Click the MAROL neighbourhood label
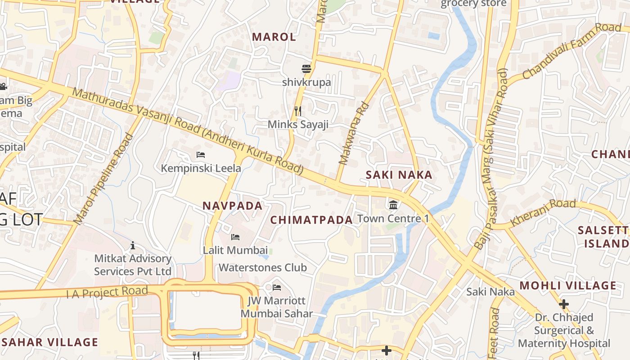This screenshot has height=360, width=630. [x=274, y=37]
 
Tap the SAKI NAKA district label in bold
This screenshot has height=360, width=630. [x=399, y=175]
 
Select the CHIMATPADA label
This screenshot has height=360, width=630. [x=311, y=220]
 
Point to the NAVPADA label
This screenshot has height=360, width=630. [x=232, y=206]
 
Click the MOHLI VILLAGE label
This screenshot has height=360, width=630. [x=568, y=285]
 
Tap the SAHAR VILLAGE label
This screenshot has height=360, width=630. [x=49, y=342]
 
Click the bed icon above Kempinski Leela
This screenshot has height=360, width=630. [x=201, y=155]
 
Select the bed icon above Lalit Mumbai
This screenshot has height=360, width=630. [x=235, y=237]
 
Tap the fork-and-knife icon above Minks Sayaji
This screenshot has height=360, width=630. [x=298, y=111]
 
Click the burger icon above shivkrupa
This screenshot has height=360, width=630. [x=306, y=69]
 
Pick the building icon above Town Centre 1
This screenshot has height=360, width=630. [x=393, y=205]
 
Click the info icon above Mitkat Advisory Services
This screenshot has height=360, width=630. [x=133, y=245]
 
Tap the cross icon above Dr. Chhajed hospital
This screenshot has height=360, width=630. [x=563, y=304]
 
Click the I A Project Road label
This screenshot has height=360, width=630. [x=107, y=292]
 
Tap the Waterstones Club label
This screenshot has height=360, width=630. [x=263, y=267]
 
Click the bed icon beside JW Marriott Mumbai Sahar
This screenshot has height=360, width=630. [x=277, y=287]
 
